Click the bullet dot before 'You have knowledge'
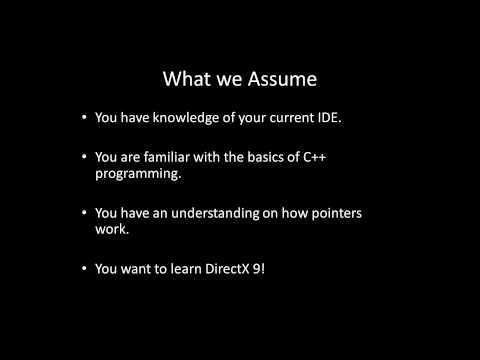(83, 118)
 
